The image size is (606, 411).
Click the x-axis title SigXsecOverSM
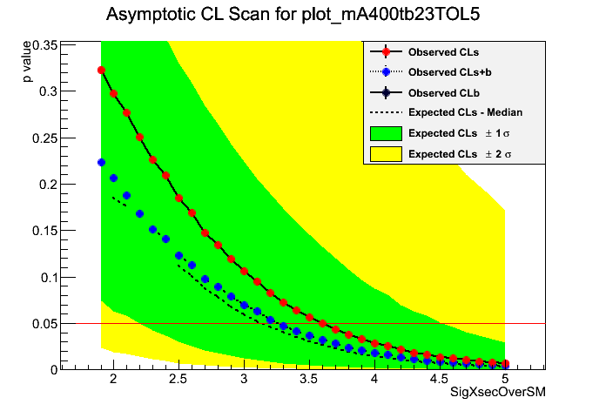coord(498,394)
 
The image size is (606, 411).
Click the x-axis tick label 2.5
coord(178,380)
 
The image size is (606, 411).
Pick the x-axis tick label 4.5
coord(439,380)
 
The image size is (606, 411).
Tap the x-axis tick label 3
coord(244,380)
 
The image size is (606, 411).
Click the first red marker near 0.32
coord(101,71)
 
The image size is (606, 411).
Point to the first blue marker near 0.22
coord(101,163)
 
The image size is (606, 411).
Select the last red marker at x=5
coord(505,364)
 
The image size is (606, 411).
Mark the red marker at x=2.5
coord(179,199)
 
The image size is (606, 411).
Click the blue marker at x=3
coord(245,305)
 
